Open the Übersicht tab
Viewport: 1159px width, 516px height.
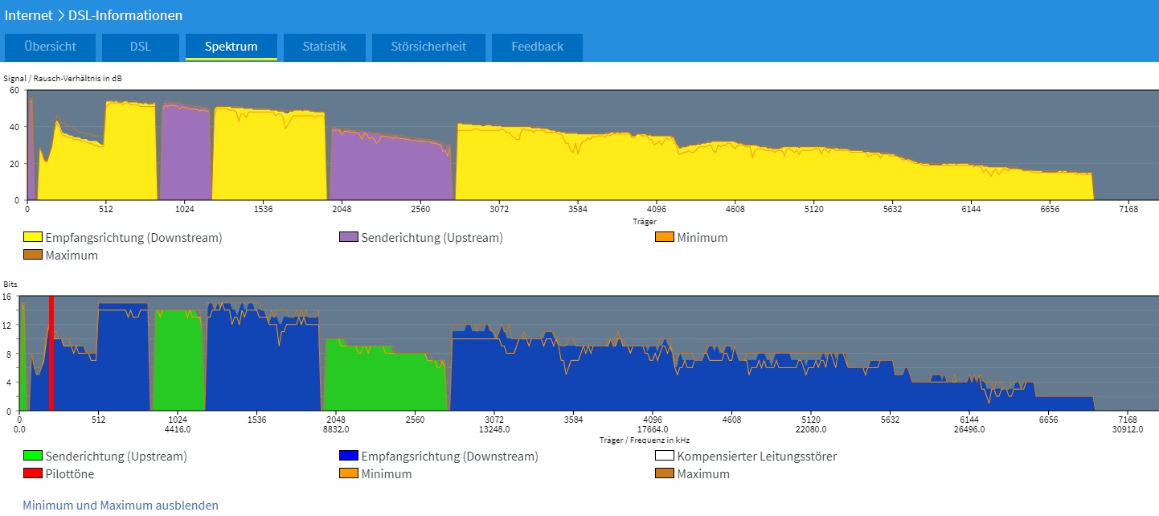pyautogui.click(x=50, y=47)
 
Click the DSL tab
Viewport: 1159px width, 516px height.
pyautogui.click(x=140, y=47)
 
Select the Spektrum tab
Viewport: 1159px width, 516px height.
pyautogui.click(x=231, y=47)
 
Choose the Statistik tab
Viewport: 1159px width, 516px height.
pyautogui.click(x=324, y=47)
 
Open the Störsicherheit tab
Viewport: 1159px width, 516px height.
pyautogui.click(x=428, y=47)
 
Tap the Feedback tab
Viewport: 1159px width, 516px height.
pyautogui.click(x=537, y=47)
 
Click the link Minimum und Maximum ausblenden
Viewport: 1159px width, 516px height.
pyautogui.click(x=121, y=506)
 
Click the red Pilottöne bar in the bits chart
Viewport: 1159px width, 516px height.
pyautogui.click(x=51, y=354)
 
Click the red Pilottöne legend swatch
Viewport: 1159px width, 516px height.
pyautogui.click(x=32, y=474)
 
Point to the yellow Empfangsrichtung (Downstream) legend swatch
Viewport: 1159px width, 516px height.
pyautogui.click(x=32, y=238)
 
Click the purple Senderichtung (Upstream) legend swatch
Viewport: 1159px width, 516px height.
pyautogui.click(x=348, y=238)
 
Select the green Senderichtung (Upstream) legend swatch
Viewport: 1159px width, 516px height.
pyautogui.click(x=32, y=457)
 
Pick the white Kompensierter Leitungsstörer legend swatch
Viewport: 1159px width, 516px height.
pyautogui.click(x=665, y=457)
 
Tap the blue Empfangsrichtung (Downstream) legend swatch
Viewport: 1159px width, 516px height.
pyautogui.click(x=348, y=457)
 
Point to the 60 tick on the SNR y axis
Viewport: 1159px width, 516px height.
pyautogui.click(x=14, y=91)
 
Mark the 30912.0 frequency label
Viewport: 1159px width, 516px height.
pyautogui.click(x=1128, y=429)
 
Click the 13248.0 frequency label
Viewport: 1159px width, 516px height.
pyautogui.click(x=494, y=429)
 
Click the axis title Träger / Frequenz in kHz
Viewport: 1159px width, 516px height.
pyautogui.click(x=644, y=440)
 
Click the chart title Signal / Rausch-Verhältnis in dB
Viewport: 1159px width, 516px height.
pyautogui.click(x=63, y=78)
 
